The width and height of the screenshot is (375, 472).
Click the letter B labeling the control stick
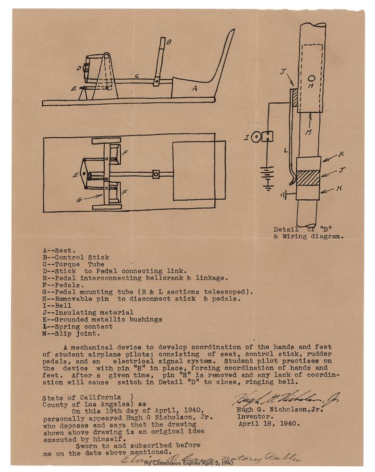tap(169, 42)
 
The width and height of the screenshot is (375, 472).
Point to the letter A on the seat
tap(193, 88)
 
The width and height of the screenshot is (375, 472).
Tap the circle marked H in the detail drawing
tap(312, 79)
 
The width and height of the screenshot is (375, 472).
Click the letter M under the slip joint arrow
tap(308, 133)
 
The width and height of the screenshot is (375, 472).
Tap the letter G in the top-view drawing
tap(80, 199)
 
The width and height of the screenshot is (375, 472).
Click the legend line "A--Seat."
tap(56, 250)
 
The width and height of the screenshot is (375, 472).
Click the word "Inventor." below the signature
tap(254, 417)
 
